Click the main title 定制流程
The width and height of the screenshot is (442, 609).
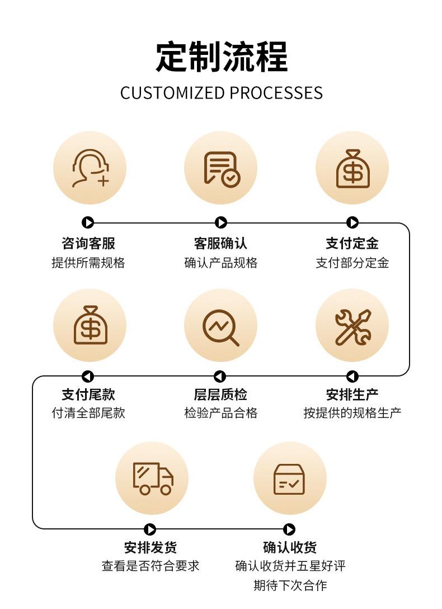click(x=222, y=57)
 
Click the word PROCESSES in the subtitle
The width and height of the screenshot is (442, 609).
click(x=276, y=93)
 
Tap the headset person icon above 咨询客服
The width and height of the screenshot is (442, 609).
click(x=90, y=168)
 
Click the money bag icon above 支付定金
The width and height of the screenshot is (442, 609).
click(x=352, y=169)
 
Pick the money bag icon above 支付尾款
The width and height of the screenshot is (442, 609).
click(x=90, y=325)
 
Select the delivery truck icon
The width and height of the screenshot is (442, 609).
click(x=152, y=478)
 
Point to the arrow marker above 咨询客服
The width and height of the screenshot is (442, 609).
click(x=88, y=222)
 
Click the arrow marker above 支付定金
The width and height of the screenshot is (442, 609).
click(x=352, y=222)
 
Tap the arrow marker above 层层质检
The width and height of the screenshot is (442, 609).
click(x=220, y=376)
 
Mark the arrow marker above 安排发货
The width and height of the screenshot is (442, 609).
click(x=149, y=529)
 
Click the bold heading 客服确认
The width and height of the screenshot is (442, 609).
click(x=220, y=244)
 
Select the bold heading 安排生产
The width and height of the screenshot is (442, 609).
click(x=352, y=394)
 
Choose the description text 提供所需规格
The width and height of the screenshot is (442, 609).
click(x=88, y=263)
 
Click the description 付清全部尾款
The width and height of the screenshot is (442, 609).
click(x=88, y=413)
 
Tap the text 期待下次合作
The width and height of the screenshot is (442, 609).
click(x=290, y=585)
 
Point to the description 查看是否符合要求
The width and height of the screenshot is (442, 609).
click(x=151, y=566)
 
